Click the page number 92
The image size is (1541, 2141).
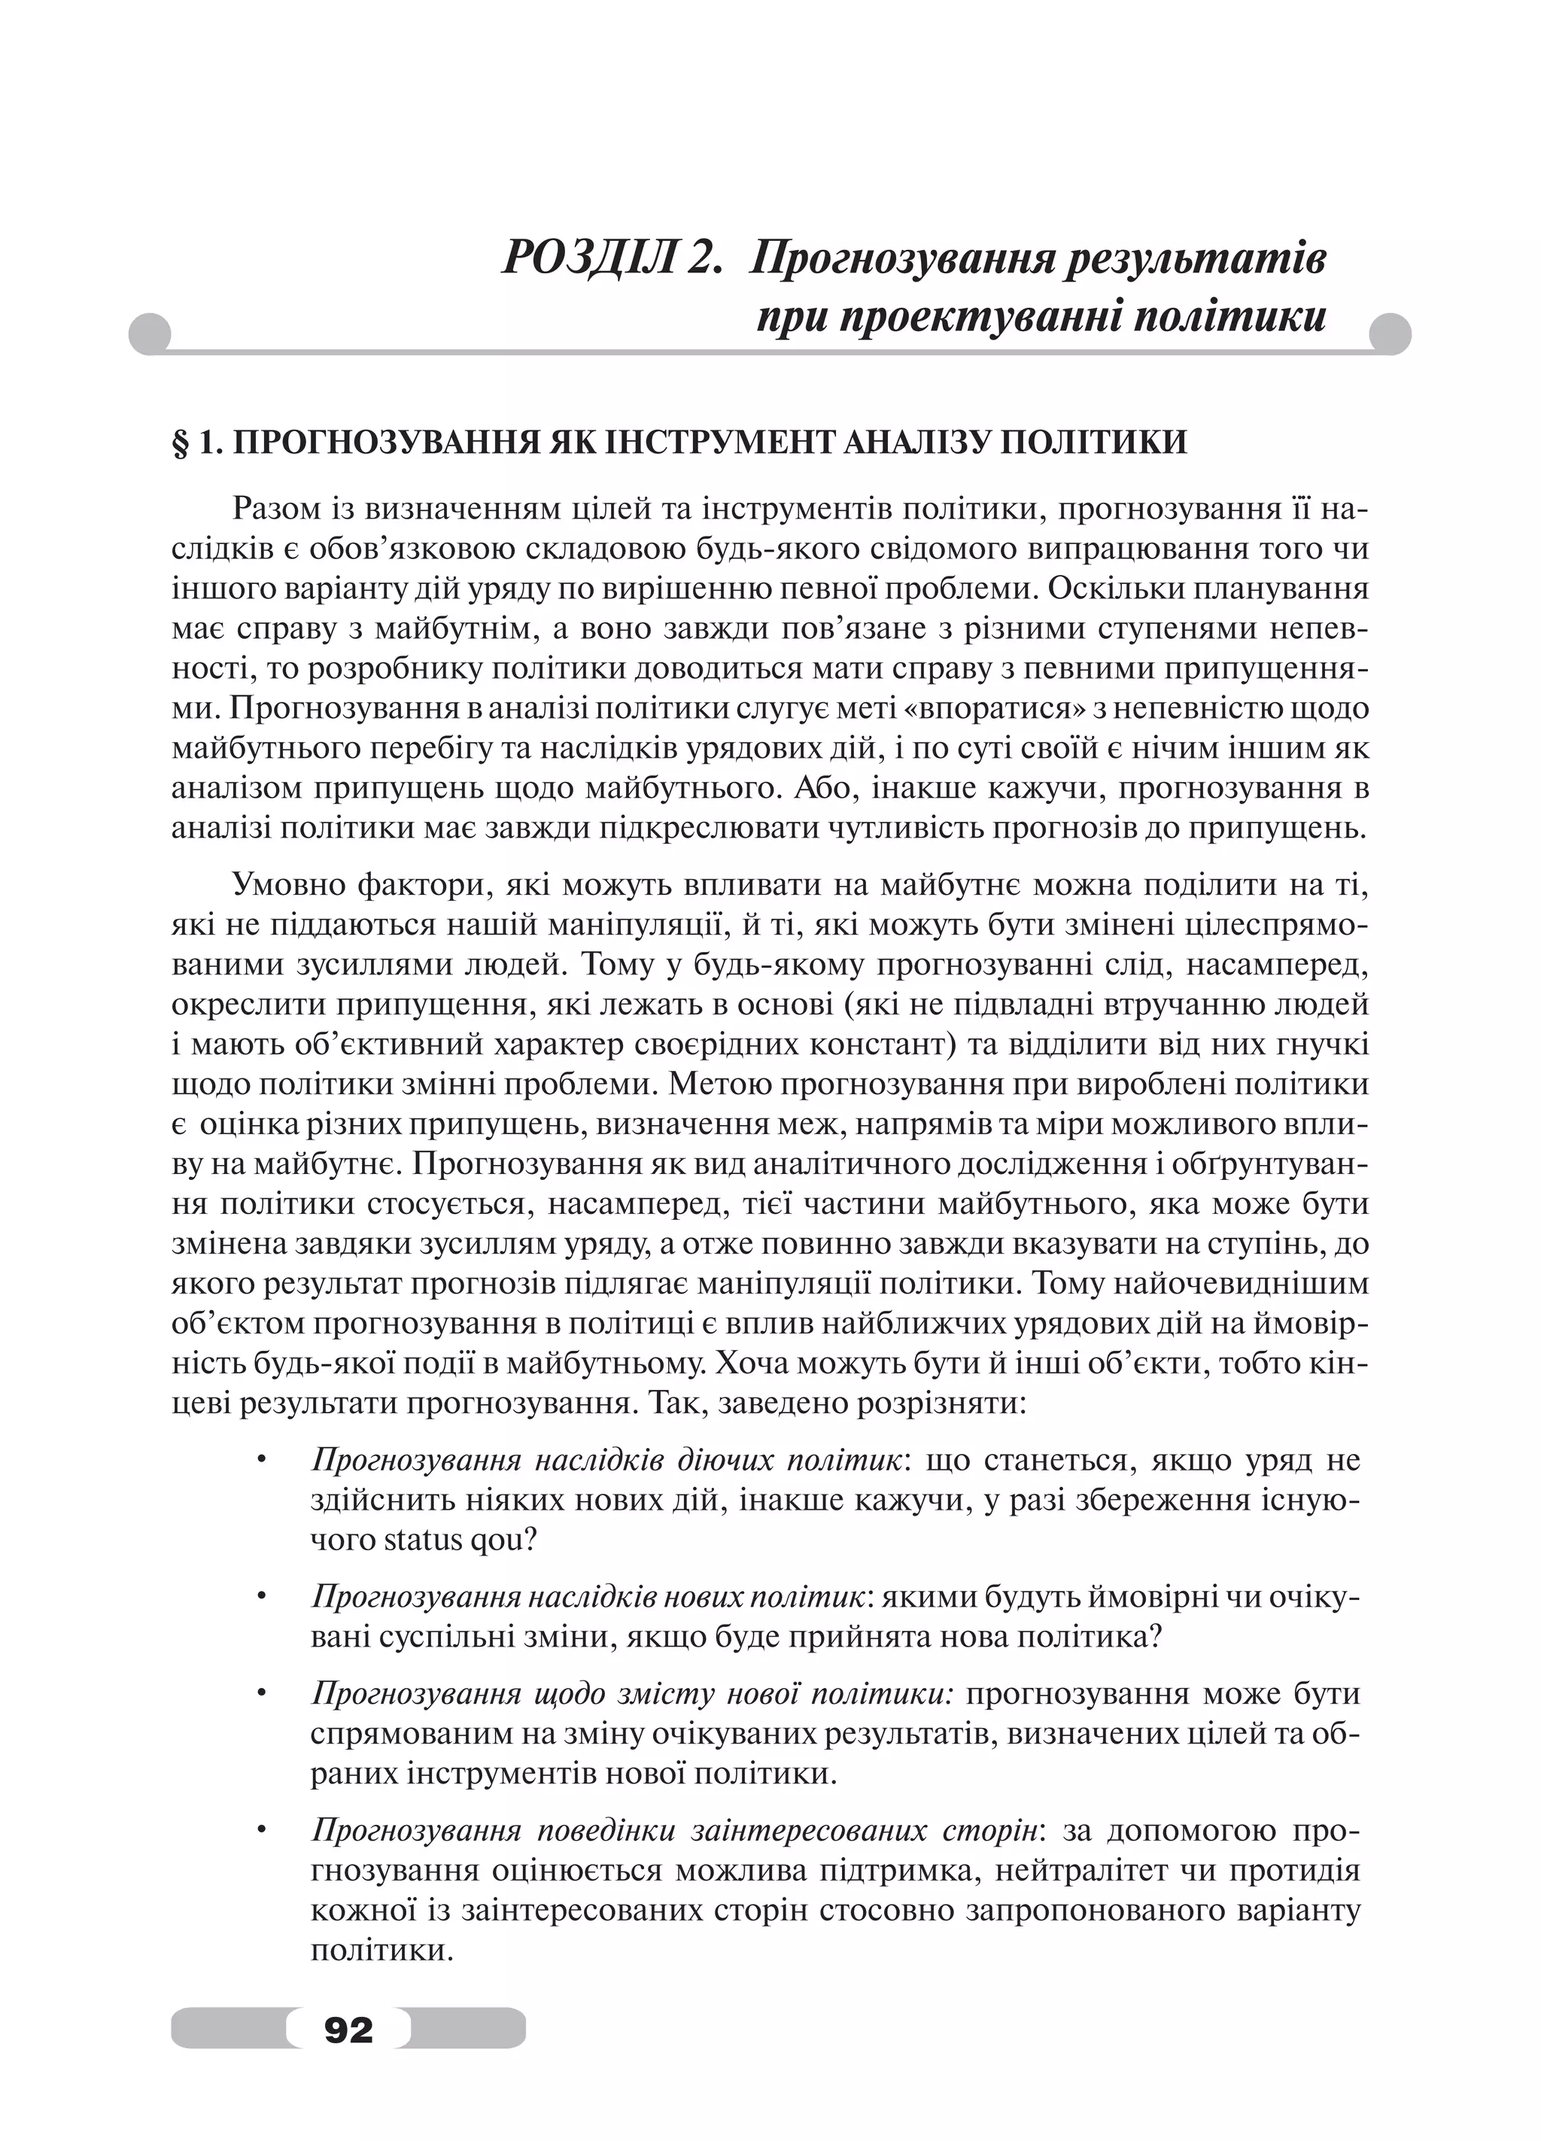click(x=348, y=2027)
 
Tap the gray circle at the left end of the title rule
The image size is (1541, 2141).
click(x=149, y=334)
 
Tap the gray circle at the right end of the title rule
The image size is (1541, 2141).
click(x=1389, y=334)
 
